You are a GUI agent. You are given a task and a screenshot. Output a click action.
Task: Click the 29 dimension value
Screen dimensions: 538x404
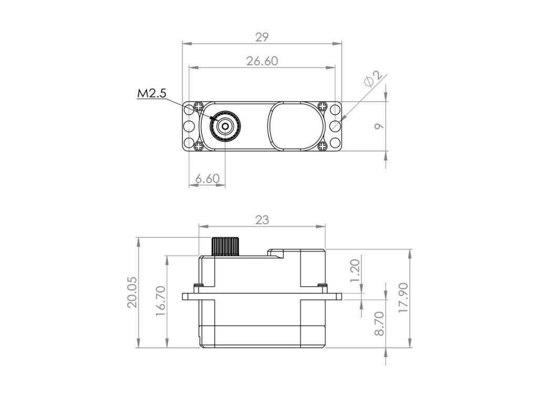262,37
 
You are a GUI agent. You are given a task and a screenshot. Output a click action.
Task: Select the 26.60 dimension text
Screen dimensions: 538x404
262,61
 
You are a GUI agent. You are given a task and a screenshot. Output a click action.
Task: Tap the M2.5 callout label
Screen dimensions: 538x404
151,93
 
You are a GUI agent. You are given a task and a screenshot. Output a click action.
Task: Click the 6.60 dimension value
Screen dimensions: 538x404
207,179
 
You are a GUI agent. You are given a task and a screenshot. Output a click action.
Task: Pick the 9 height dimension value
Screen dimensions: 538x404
379,126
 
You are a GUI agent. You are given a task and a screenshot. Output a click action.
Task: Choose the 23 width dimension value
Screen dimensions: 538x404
262,220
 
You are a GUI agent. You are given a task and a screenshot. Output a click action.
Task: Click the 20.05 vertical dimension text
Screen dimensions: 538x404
132,292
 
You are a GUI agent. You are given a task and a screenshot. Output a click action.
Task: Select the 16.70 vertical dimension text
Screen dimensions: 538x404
161,301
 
